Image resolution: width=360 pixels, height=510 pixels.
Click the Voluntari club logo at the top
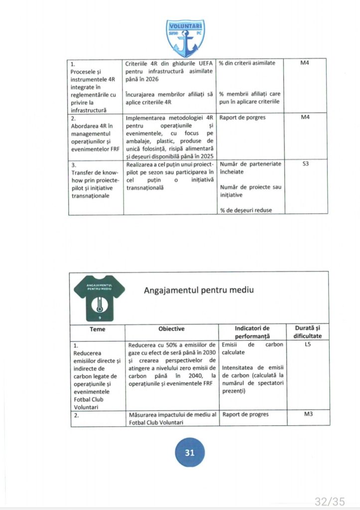click(x=185, y=38)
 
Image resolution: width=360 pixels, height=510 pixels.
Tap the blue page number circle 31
click(x=190, y=453)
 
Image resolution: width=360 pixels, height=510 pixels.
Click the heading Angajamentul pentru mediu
click(x=199, y=290)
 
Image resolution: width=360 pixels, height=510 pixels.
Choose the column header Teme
click(x=98, y=329)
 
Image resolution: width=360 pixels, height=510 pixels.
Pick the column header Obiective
click(x=171, y=329)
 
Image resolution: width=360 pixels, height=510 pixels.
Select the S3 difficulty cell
click(x=306, y=163)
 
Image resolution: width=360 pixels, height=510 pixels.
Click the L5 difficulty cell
click(x=306, y=344)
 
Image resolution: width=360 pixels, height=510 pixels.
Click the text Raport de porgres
click(x=242, y=118)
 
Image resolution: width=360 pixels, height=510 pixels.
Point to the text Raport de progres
click(x=245, y=414)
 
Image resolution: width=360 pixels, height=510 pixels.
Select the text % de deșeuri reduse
click(x=246, y=210)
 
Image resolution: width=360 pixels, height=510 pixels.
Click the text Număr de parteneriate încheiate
click(x=250, y=167)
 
